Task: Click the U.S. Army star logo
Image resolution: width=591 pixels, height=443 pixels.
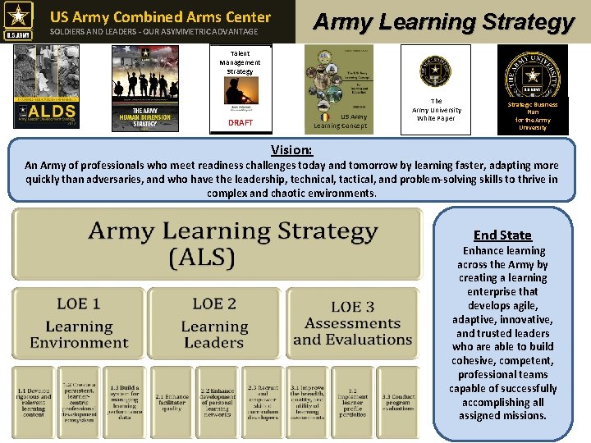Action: [19, 21]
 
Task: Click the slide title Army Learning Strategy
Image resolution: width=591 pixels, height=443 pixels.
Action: [443, 21]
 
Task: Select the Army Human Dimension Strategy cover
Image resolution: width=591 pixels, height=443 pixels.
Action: [145, 86]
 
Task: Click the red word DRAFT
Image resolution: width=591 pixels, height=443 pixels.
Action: [241, 122]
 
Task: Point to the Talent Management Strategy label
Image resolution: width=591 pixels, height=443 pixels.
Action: [240, 62]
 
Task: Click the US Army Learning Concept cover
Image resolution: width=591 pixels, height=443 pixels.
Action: [339, 86]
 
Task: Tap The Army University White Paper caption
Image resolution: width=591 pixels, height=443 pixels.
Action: [436, 110]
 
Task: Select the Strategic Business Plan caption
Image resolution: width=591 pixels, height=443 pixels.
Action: [532, 116]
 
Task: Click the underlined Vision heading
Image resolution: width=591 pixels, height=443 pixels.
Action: [291, 150]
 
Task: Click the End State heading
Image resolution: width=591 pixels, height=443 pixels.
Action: [502, 235]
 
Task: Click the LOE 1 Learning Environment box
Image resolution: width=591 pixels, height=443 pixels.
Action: [79, 323]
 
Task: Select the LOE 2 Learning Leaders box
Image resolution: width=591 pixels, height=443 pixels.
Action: [213, 323]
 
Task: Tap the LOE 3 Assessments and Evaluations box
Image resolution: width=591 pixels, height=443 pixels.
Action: [351, 323]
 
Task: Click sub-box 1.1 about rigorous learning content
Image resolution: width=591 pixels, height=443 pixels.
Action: [34, 401]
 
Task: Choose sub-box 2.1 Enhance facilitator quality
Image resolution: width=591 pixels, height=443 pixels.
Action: [171, 401]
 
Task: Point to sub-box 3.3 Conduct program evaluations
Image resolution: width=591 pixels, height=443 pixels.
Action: [397, 401]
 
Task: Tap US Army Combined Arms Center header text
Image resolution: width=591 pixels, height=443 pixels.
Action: [160, 16]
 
